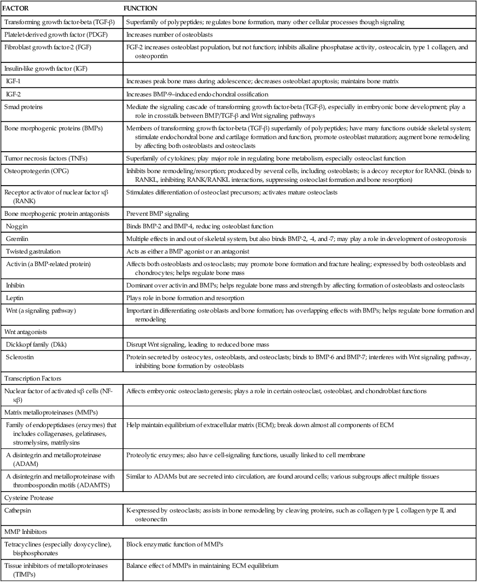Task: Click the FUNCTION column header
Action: [x=142, y=9]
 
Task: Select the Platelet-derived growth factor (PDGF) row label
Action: [x=53, y=34]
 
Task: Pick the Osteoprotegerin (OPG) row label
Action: [x=36, y=170]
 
